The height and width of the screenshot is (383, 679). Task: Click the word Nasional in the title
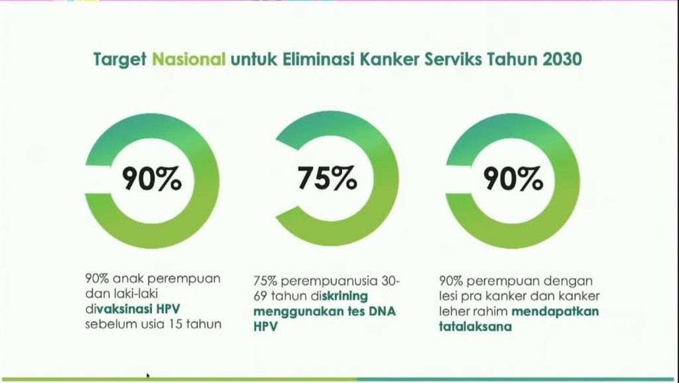(189, 59)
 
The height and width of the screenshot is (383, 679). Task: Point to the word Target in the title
(120, 60)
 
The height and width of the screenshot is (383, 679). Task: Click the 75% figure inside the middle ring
(328, 179)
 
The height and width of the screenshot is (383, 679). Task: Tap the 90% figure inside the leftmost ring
(152, 179)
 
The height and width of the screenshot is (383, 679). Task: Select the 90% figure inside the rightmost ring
(513, 179)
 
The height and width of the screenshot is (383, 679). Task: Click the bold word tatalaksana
(475, 326)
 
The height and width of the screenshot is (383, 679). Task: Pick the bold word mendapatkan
(556, 311)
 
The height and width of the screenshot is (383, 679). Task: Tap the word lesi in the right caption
(448, 296)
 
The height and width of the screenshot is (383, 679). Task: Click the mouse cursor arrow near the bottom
(148, 376)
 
